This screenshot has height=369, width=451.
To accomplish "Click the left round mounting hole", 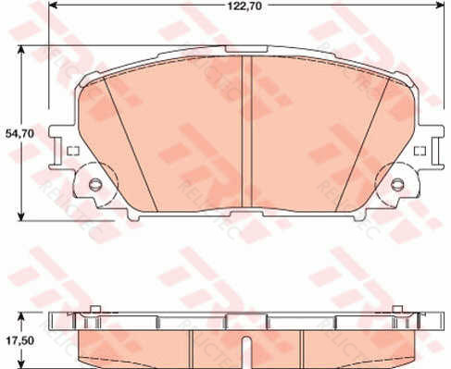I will [95, 184].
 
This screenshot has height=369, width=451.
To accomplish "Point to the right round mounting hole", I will [398, 184].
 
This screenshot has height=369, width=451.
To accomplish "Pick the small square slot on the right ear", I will [421, 150].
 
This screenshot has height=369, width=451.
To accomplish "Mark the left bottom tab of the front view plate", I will [136, 216].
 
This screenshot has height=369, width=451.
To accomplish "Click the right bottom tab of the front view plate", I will [357, 216].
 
